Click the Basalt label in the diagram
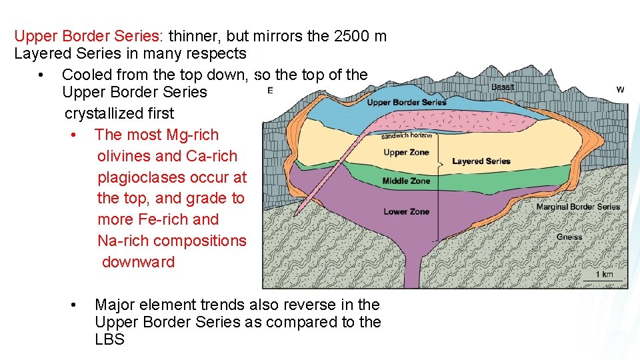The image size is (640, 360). tap(503, 87)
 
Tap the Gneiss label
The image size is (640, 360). tap(569, 237)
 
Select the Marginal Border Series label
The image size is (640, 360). tap(577, 207)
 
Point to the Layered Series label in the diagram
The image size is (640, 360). tap(481, 161)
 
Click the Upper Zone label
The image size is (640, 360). tap(406, 153)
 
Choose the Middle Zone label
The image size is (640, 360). tap(406, 181)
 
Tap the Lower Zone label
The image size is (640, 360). tap(406, 212)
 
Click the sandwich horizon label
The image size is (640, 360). tap(406, 136)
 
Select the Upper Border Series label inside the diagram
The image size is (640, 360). tap(406, 103)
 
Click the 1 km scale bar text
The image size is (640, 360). tap(604, 274)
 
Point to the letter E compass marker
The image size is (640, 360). tap(270, 91)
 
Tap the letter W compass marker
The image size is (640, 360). tap(620, 90)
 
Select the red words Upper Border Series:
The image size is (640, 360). tap(89, 36)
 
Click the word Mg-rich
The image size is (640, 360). tap(191, 135)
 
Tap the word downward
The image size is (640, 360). tap(138, 262)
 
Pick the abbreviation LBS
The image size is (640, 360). tap(109, 339)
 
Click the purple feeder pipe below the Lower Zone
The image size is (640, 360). tap(418, 270)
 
